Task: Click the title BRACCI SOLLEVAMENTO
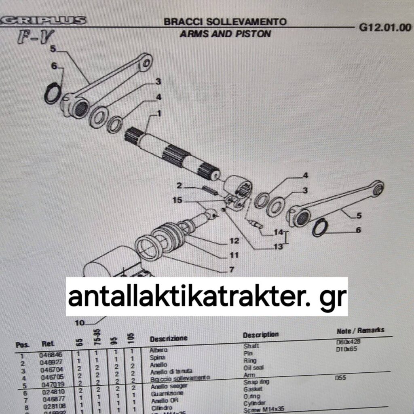tap(225, 21)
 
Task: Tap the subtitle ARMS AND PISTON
tap(225, 34)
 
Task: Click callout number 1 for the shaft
tap(159, 114)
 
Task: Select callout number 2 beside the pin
tap(180, 186)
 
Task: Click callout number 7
tap(232, 269)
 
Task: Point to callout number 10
tap(80, 323)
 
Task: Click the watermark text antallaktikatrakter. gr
tap(207, 297)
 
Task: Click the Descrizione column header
tap(169, 338)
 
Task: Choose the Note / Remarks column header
tap(360, 331)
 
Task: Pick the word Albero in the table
tap(158, 350)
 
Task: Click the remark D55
tap(342, 379)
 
